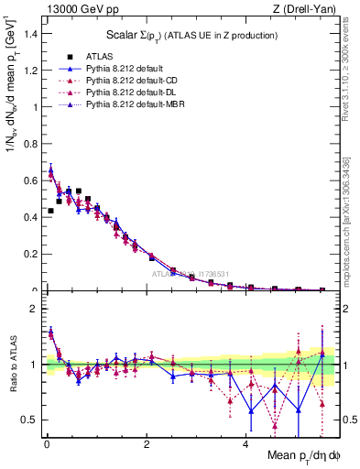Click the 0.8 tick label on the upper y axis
31,144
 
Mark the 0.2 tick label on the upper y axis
31,255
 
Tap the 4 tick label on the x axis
245,444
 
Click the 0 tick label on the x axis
47,444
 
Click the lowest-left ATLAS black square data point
50,211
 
